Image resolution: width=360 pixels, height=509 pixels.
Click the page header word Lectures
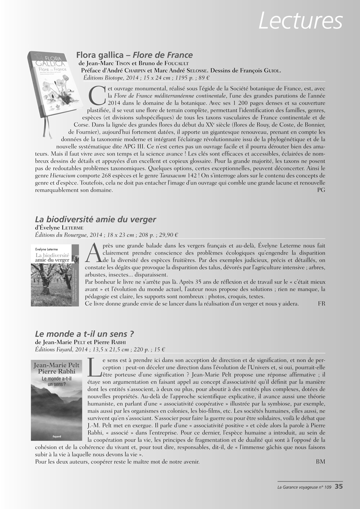pos(301,21)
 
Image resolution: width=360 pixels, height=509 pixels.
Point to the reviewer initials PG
pos(321,190)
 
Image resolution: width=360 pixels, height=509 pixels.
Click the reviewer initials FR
pos(321,304)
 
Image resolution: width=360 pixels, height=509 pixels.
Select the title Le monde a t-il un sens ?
pos(85,334)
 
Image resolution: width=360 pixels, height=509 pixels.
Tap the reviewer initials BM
pos(320,462)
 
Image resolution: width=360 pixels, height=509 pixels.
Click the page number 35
pos(338,487)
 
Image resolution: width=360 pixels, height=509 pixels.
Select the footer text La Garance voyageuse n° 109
pos(304,487)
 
